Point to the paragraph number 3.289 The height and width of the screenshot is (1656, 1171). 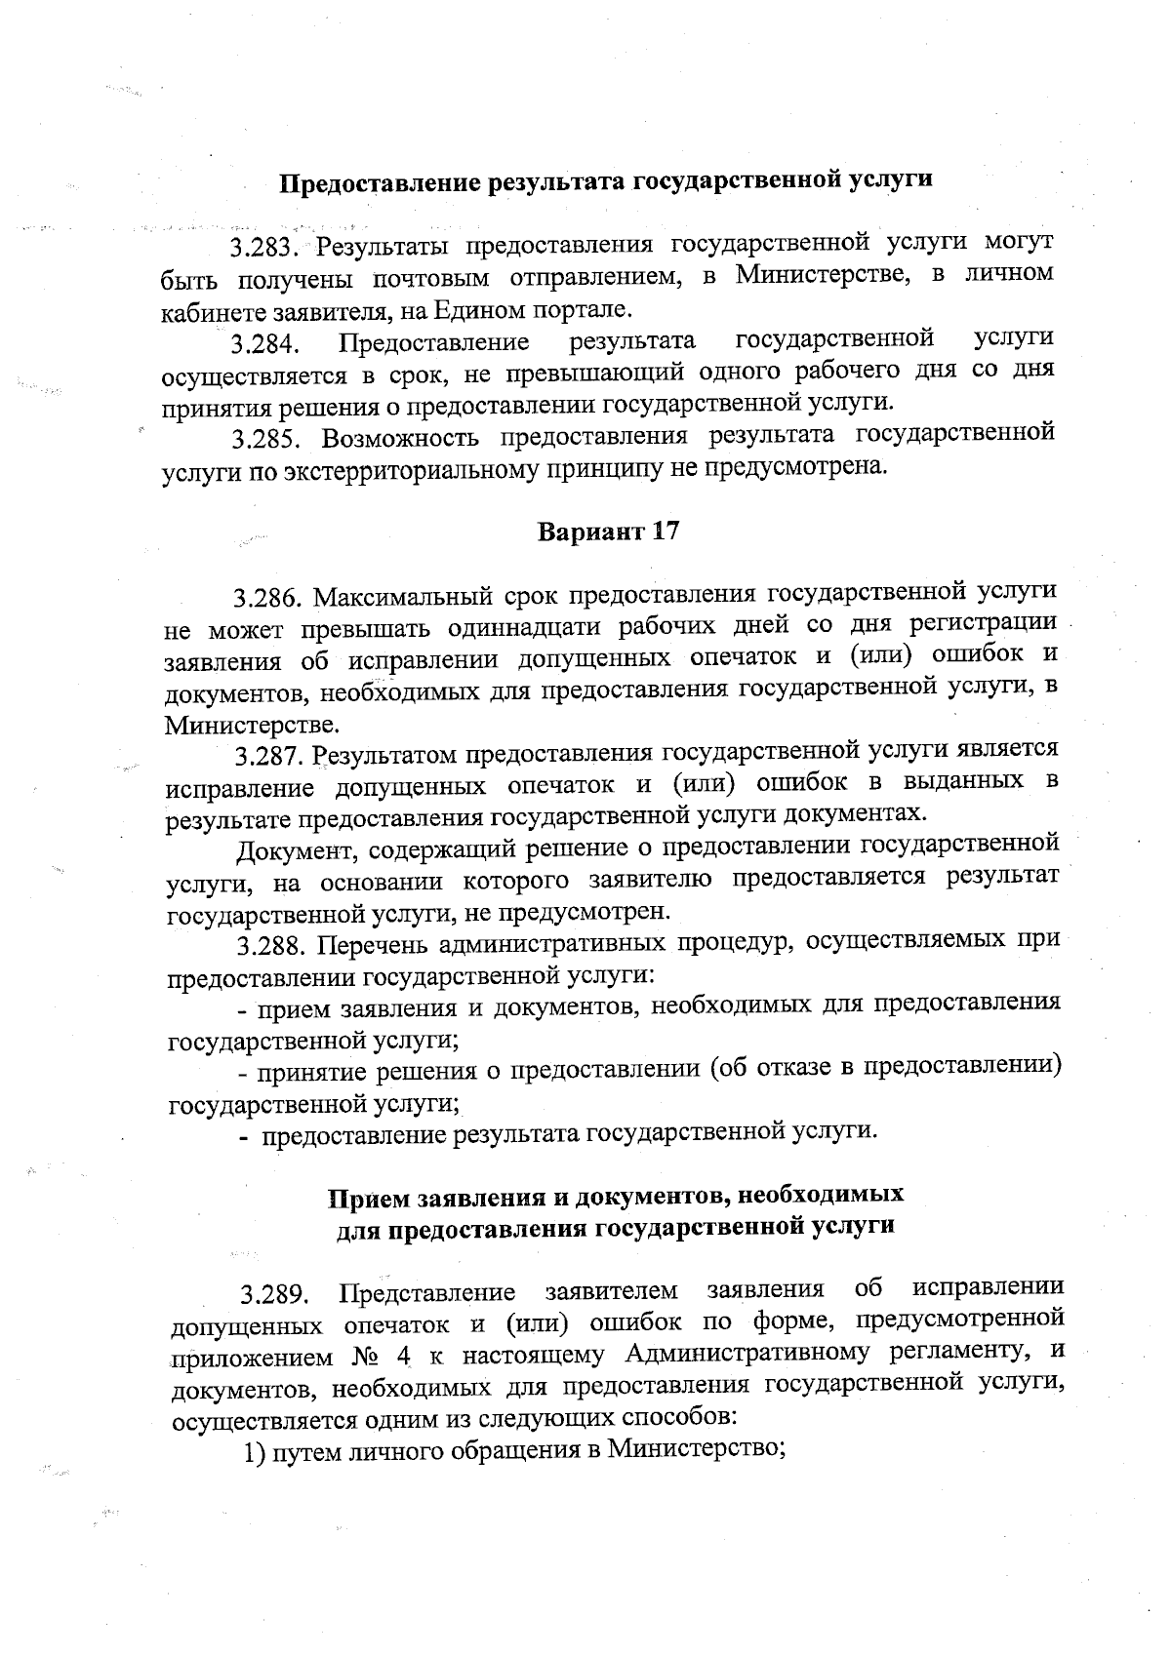click(x=276, y=1295)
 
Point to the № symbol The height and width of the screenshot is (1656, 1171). click(x=363, y=1358)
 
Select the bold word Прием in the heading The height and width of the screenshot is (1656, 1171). click(x=367, y=1196)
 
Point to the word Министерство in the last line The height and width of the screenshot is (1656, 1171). click(x=694, y=1449)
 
